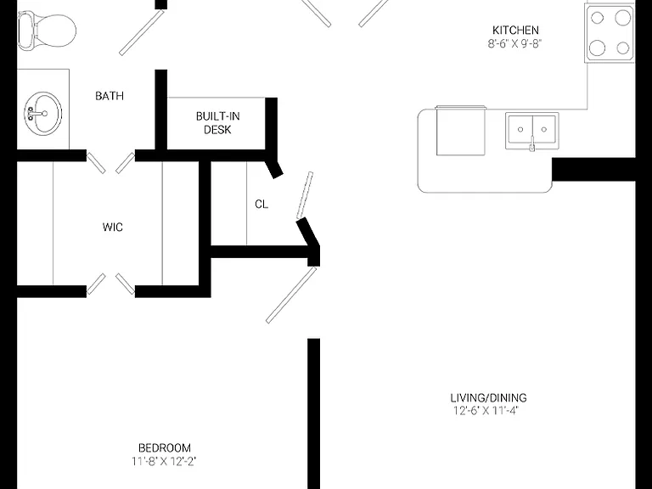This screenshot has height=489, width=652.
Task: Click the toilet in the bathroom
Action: pos(47,31)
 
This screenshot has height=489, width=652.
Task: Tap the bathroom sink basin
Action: pos(42,113)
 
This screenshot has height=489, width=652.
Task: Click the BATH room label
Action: pos(110,96)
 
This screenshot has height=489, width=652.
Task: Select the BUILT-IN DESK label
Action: pos(218,122)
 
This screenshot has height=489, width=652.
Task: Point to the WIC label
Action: pos(113,227)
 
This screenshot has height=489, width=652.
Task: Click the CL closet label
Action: pos(261,204)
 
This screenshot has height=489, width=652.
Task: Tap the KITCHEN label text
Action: pos(515,30)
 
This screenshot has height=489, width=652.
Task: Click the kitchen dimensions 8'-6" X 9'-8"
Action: pos(514,43)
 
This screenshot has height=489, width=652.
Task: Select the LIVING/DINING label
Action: pos(489,397)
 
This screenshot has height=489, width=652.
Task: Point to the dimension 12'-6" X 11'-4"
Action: pos(486,411)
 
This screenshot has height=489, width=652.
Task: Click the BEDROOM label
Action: pos(165,448)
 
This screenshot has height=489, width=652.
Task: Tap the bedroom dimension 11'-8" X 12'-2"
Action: pos(164,461)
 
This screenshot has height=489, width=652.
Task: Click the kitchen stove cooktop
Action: pos(610,33)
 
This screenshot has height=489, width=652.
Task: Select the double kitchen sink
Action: pos(532,130)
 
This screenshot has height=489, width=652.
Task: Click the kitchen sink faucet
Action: pos(531,143)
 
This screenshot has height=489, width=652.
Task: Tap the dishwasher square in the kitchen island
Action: pos(461,131)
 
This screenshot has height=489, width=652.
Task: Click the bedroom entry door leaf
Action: pos(291,295)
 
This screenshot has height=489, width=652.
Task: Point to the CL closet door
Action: pos(305,195)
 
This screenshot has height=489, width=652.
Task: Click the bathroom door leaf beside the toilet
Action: pos(142,32)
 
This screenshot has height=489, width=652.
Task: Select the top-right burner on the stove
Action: pos(623,18)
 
